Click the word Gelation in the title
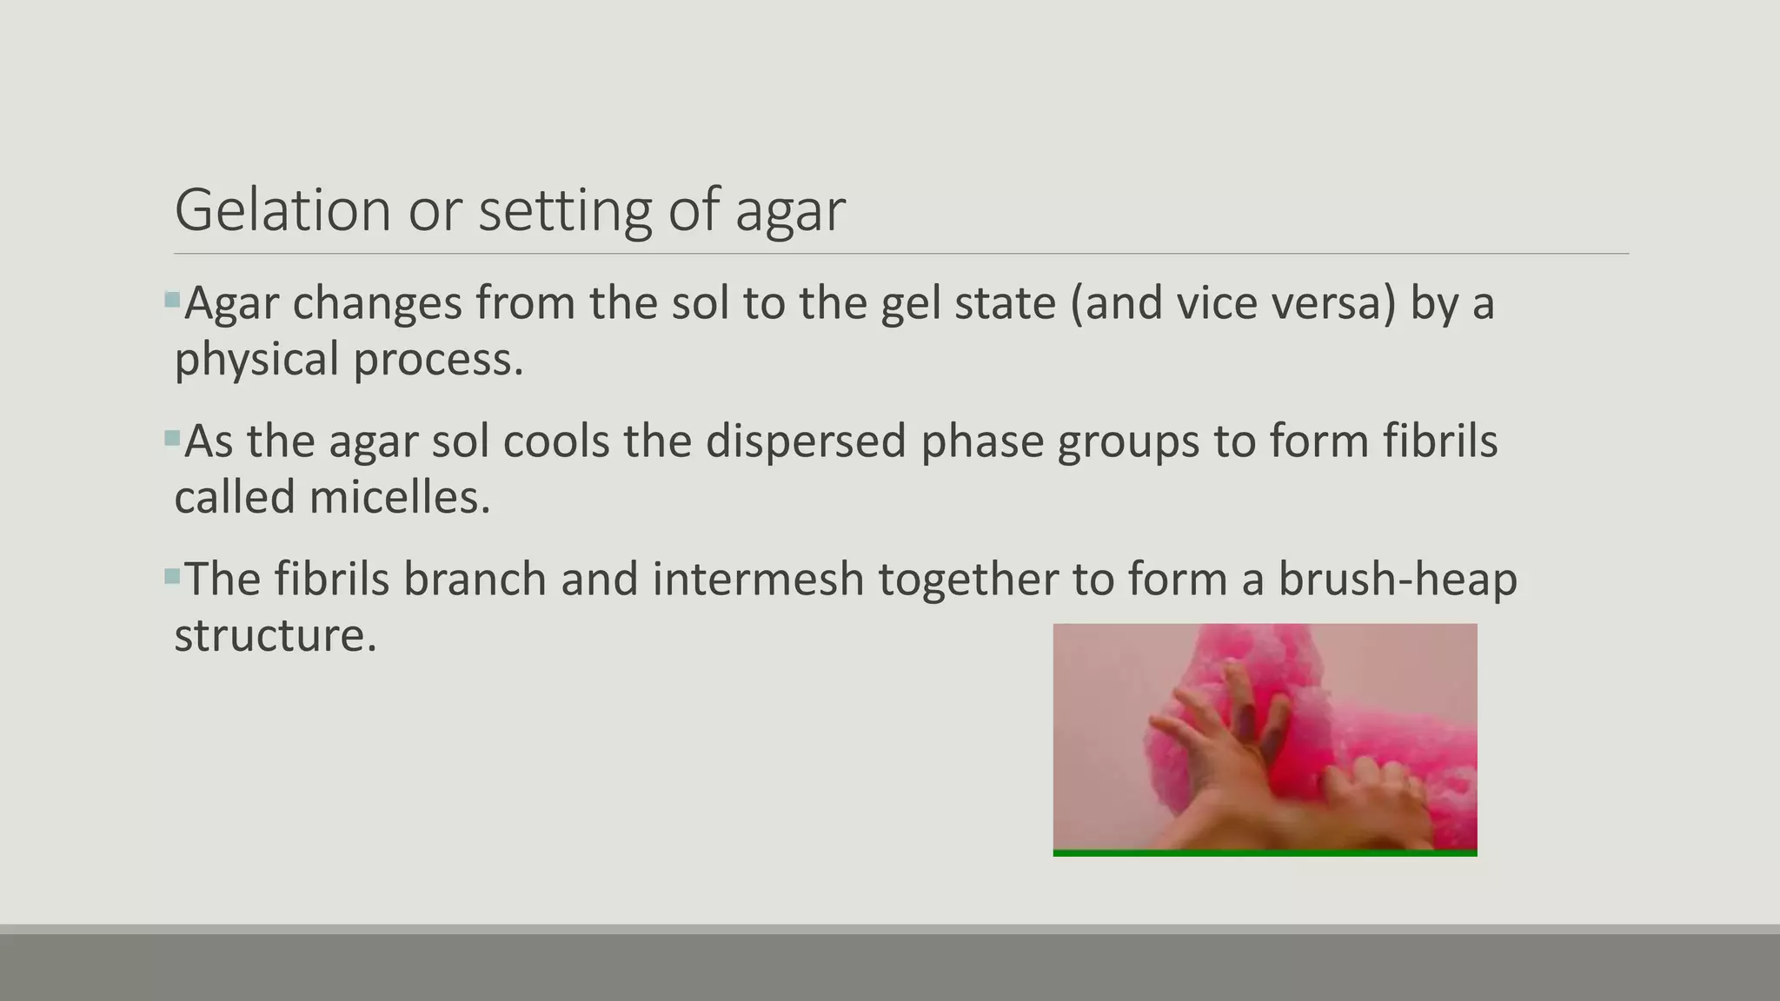(282, 210)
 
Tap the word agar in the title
(789, 212)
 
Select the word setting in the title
(564, 212)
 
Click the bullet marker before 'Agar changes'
(171, 301)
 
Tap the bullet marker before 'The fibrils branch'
(171, 576)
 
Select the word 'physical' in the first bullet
(256, 360)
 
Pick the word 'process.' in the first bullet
(438, 360)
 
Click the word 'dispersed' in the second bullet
(806, 441)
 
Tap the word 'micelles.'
(400, 497)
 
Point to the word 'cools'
(555, 441)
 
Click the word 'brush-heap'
(1398, 579)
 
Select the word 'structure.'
(276, 635)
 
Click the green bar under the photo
(1265, 853)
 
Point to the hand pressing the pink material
(1234, 747)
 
